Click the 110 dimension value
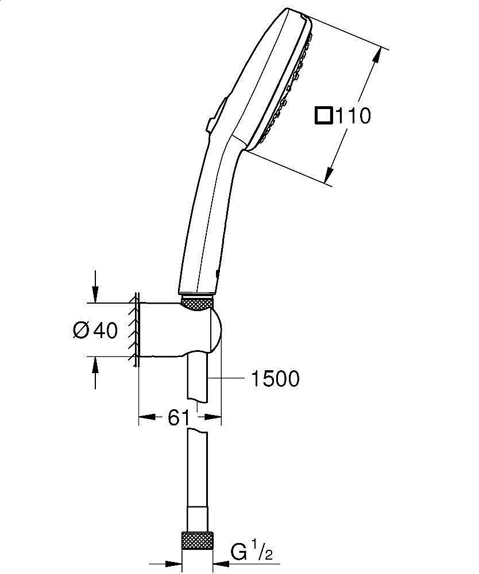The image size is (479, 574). [x=353, y=116]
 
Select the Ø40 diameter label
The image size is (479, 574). [x=95, y=330]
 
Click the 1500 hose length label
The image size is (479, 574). [x=275, y=379]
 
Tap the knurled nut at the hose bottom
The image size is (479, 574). [x=197, y=541]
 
